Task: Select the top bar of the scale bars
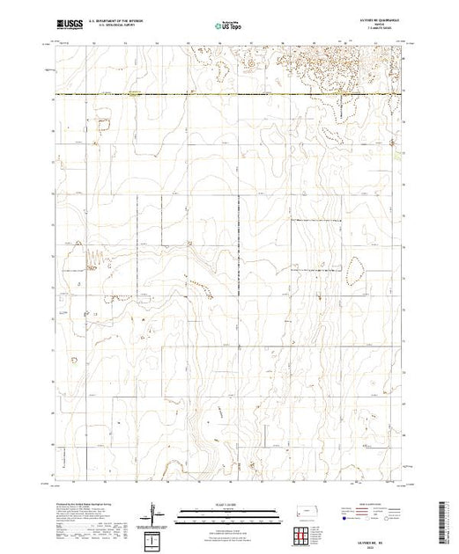[229, 509]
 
